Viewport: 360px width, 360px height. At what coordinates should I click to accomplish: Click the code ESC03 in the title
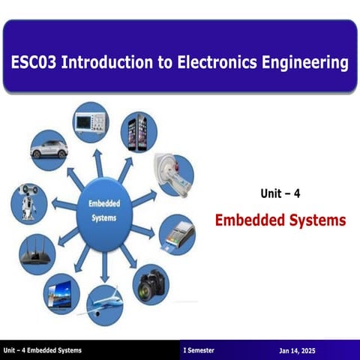tap(32, 62)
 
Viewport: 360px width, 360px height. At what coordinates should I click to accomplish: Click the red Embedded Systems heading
tap(280, 221)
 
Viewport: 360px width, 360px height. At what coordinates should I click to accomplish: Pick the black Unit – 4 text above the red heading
tap(280, 193)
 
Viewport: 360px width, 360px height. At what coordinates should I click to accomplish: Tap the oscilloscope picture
tap(90, 121)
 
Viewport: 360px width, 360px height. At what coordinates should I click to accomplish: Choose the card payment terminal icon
tap(177, 233)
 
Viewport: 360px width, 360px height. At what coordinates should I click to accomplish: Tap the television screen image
tap(61, 291)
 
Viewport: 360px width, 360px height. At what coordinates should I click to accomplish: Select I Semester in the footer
tap(201, 351)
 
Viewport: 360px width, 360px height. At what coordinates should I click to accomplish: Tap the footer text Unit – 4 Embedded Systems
tap(41, 351)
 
